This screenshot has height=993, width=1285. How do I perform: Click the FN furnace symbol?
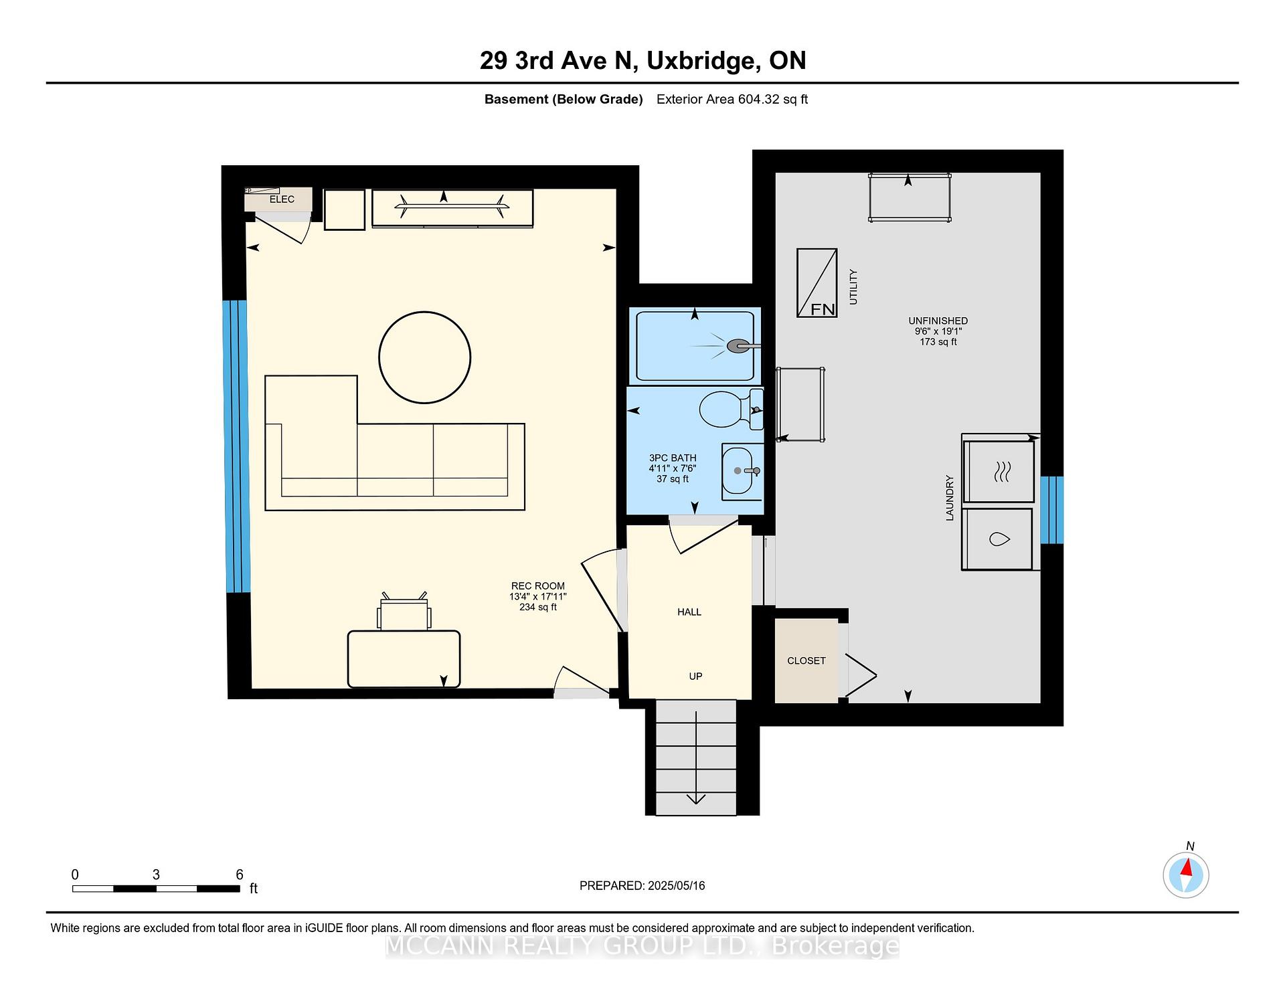coord(817,283)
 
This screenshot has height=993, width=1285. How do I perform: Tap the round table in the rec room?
coord(424,357)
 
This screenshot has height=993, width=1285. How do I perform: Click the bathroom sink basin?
coord(738,471)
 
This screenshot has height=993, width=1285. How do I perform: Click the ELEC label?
coord(282,199)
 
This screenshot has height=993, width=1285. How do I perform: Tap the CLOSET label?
coord(806,660)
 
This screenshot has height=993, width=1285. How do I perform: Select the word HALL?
coord(689,612)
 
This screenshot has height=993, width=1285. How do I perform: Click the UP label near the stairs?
coord(695,676)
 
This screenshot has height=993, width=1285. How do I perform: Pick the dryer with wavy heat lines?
coord(999,471)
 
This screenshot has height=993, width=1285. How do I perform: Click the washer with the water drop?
coord(997,539)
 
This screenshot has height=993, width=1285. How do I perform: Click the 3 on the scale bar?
coord(156,875)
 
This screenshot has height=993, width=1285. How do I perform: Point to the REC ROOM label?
coord(538,586)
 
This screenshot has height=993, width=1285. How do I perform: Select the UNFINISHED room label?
coord(938,321)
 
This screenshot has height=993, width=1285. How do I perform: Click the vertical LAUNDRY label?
coord(949,498)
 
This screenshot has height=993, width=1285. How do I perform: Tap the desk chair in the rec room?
coord(404,612)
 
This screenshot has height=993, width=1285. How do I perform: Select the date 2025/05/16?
coord(677,885)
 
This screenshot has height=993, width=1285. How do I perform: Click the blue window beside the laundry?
coord(1052,510)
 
